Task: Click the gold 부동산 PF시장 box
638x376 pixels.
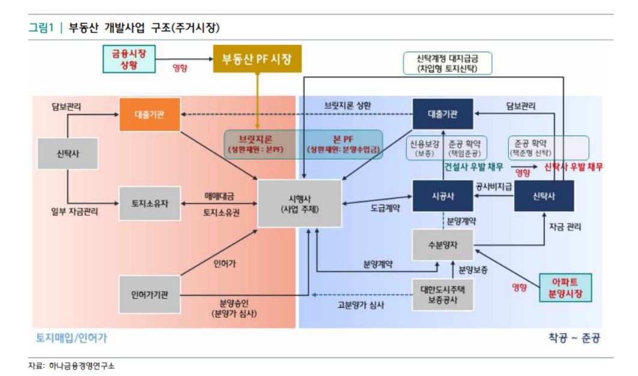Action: (257, 59)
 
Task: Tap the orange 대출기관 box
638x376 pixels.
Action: (150, 114)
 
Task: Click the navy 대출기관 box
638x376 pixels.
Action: (443, 114)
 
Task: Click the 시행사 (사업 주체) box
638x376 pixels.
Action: (300, 203)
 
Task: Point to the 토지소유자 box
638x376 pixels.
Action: (150, 203)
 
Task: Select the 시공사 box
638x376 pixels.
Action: (443, 195)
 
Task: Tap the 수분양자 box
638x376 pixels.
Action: (443, 245)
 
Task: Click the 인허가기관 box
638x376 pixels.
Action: (150, 294)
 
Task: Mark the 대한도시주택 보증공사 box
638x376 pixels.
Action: (443, 294)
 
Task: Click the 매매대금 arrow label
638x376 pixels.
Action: (219, 196)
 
